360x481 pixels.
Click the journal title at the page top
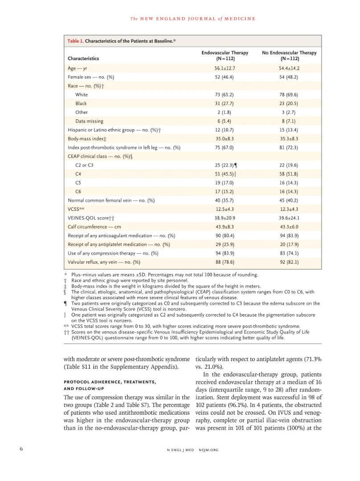click(x=192, y=18)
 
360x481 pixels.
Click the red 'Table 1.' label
click(x=75, y=41)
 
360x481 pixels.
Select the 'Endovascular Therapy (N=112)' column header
click(x=225, y=55)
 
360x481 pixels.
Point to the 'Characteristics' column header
click(x=83, y=58)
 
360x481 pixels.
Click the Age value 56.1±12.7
click(x=225, y=68)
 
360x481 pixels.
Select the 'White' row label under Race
click(x=82, y=95)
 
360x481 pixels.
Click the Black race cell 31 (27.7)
click(x=225, y=103)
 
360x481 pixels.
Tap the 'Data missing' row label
click(x=89, y=121)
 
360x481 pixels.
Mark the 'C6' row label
click(x=78, y=191)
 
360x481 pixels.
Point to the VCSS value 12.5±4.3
click(x=225, y=209)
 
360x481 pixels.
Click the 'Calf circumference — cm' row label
click(x=94, y=226)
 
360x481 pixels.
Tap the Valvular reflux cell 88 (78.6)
click(x=225, y=262)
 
